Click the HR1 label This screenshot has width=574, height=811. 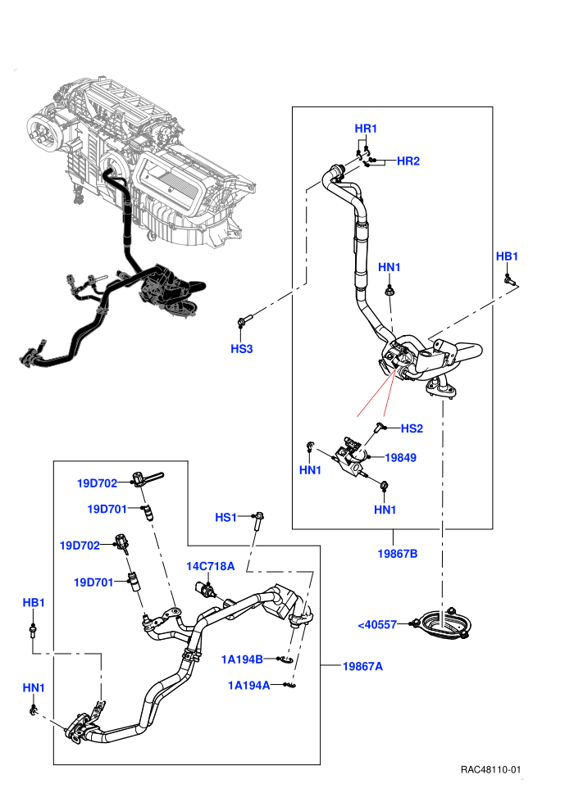(x=366, y=129)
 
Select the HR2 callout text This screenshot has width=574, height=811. (x=408, y=161)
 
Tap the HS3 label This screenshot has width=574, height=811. (x=242, y=349)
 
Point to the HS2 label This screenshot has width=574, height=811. (x=412, y=428)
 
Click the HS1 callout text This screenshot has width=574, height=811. (x=225, y=517)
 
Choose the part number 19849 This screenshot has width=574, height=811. (x=401, y=457)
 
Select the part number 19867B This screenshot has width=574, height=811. (x=398, y=554)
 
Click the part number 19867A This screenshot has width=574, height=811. (x=362, y=666)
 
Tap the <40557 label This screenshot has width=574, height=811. (x=377, y=625)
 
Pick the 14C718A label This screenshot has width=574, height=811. (x=210, y=566)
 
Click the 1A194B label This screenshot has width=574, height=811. (x=242, y=659)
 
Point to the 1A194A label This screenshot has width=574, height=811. (x=249, y=686)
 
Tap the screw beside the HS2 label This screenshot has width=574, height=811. (x=380, y=428)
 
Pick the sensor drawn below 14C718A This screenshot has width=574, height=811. (x=206, y=589)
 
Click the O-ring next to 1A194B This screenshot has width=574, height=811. (x=289, y=660)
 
